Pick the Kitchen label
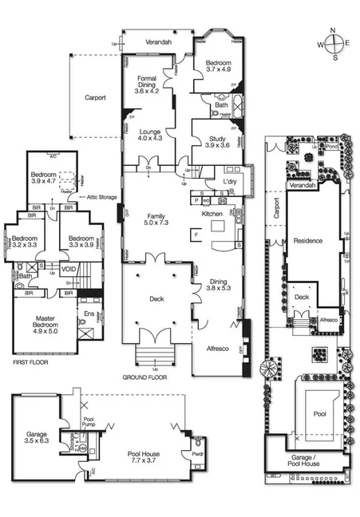211,215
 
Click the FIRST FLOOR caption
30,362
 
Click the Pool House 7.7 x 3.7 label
144,457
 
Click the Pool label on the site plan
319,415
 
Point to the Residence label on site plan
307,240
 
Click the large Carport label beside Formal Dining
95,98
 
